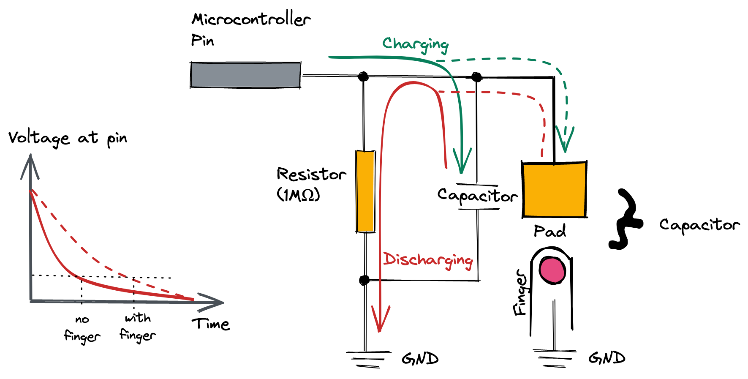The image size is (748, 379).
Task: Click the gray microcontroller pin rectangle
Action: tap(245, 75)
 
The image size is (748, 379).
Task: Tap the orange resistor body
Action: tap(365, 191)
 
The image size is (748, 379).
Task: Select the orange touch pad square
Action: tap(554, 190)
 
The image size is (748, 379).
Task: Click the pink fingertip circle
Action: tap(552, 270)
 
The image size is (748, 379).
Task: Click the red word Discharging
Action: tap(427, 260)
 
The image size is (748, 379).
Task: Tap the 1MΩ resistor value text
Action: tap(298, 195)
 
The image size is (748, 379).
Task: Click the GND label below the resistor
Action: tap(420, 359)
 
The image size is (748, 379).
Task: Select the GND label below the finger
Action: tap(607, 358)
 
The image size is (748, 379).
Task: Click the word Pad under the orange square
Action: tap(549, 231)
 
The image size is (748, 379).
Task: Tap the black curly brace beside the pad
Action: tap(626, 220)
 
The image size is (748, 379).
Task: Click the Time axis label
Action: tap(211, 324)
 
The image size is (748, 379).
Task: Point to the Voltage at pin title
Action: tap(68, 138)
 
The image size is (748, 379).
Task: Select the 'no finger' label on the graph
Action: tap(82, 328)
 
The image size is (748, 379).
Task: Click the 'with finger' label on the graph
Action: tap(138, 327)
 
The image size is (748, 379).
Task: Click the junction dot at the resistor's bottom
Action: tap(364, 280)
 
